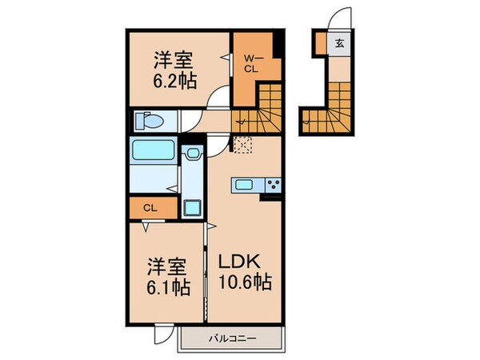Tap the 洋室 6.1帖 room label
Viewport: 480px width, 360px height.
click(x=169, y=275)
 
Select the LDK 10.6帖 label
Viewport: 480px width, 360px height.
click(x=246, y=271)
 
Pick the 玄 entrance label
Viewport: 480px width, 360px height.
click(x=340, y=44)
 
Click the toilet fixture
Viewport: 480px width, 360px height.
click(x=150, y=122)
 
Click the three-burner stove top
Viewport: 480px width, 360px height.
click(x=272, y=186)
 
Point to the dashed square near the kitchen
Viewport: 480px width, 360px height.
click(x=242, y=144)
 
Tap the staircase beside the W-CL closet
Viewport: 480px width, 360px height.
click(x=260, y=112)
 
